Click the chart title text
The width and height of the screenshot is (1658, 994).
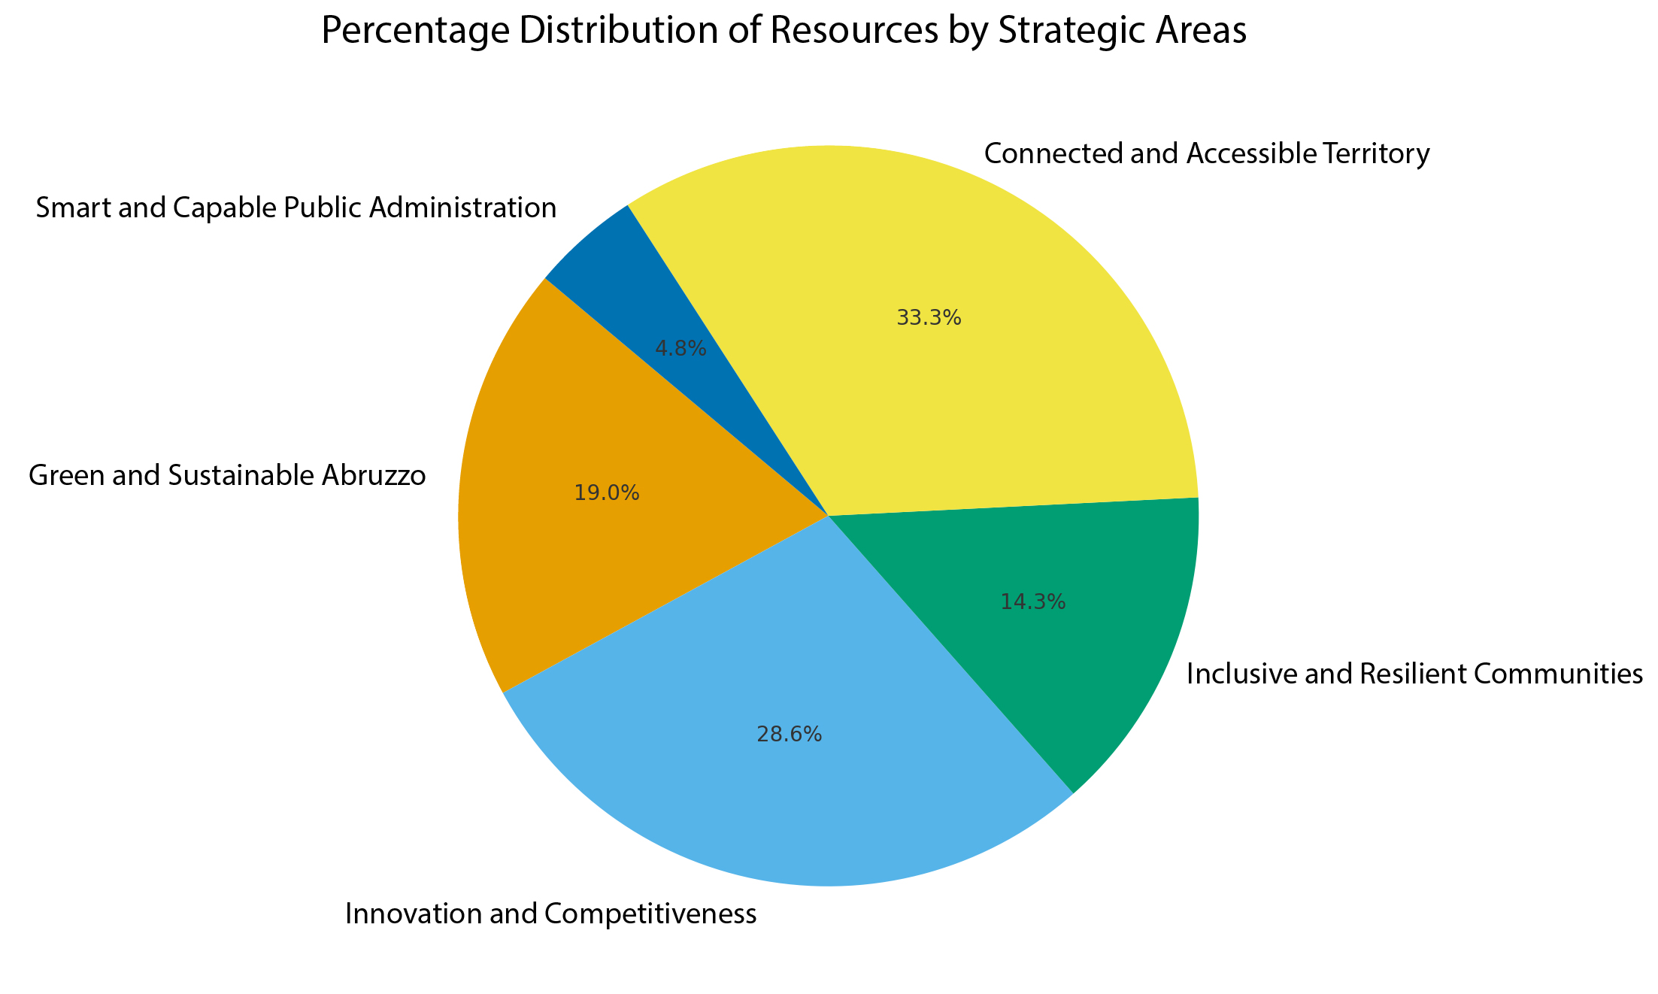[x=784, y=32]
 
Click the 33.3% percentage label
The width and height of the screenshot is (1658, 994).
[x=929, y=318]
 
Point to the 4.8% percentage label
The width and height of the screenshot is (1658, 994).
[x=680, y=348]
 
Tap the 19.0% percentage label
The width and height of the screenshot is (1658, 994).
[x=606, y=493]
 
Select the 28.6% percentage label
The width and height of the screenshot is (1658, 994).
[x=789, y=735]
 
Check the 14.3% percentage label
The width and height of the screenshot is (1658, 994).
[x=1033, y=602]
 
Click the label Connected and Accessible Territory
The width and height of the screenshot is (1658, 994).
[x=1206, y=153]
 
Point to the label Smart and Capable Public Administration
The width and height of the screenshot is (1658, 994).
[x=296, y=208]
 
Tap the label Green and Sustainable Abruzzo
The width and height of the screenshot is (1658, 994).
[x=227, y=476]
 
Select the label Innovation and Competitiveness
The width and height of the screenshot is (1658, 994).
[x=550, y=914]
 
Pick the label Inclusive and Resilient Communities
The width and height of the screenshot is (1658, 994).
[x=1414, y=674]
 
